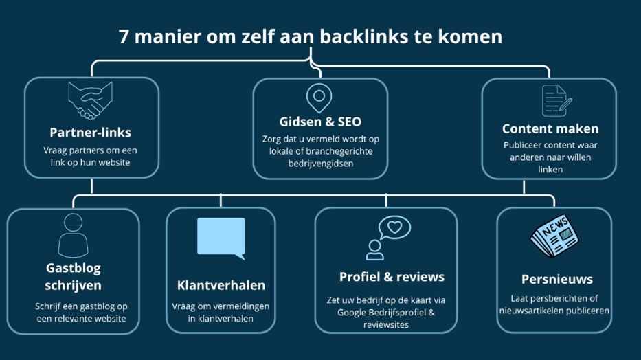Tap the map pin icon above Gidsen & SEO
click(319, 99)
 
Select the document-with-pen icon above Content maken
click(556, 101)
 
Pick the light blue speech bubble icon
click(221, 238)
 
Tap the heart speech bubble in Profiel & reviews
click(394, 227)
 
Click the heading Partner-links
click(91, 133)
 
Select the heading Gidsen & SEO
click(320, 122)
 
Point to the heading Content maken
click(550, 128)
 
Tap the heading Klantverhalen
click(221, 285)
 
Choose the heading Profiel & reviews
click(392, 277)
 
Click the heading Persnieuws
click(556, 280)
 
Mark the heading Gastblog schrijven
click(73, 277)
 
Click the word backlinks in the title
click(379, 36)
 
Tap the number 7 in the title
click(124, 36)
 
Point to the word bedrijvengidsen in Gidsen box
click(321, 163)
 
